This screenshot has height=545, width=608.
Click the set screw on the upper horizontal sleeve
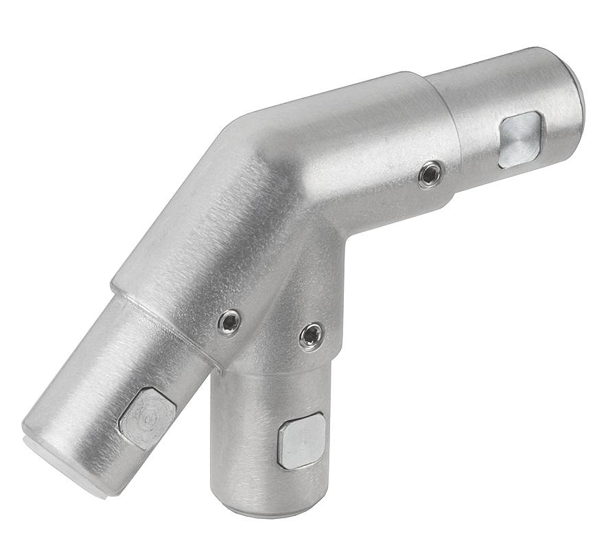pos(430,175)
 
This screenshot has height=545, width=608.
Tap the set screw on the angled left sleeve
pos(229,322)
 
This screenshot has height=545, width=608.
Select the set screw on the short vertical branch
pos(311,335)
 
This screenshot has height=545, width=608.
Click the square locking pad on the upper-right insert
pos(521,139)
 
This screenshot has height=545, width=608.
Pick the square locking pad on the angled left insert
pos(148,418)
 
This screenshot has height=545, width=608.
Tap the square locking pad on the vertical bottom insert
pos(301,440)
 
